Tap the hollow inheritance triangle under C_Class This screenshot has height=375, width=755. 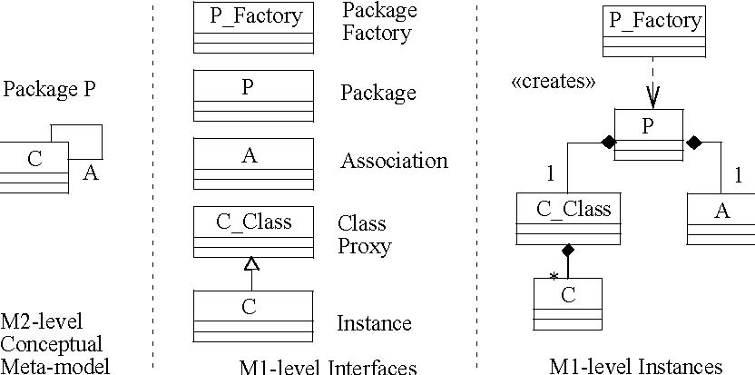(x=252, y=263)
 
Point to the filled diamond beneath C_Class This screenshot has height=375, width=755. (x=568, y=249)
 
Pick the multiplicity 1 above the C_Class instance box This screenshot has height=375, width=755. (x=549, y=173)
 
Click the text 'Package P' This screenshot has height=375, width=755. (x=49, y=90)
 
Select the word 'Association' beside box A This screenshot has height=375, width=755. (x=394, y=162)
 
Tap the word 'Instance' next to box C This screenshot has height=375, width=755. (x=374, y=323)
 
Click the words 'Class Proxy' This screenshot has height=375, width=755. (x=364, y=234)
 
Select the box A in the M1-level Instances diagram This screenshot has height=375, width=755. (x=721, y=218)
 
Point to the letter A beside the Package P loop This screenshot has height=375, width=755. (x=90, y=173)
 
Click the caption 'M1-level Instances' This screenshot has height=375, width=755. (x=635, y=366)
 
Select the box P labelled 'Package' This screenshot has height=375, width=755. (x=253, y=94)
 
